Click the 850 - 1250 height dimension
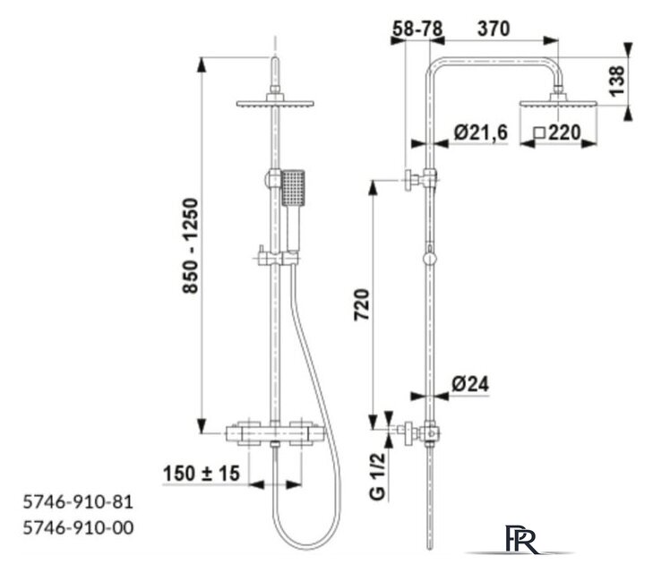click(x=191, y=245)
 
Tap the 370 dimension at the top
click(x=494, y=30)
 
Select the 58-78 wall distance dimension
click(x=417, y=30)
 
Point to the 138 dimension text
click(x=617, y=81)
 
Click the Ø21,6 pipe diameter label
click(x=481, y=133)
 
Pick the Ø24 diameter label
click(x=470, y=384)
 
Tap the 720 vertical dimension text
click(x=362, y=304)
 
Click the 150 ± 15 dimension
click(x=202, y=473)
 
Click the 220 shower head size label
click(x=564, y=133)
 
